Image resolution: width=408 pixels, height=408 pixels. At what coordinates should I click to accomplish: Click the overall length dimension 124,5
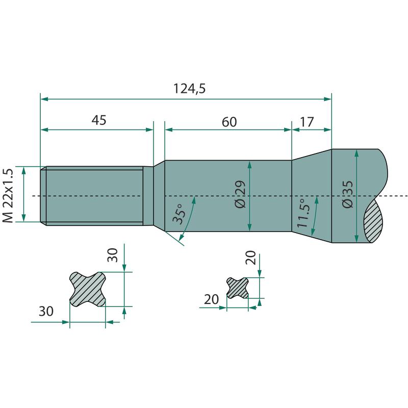pos(189,88)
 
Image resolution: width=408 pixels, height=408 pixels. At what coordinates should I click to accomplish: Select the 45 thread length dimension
pos(99,120)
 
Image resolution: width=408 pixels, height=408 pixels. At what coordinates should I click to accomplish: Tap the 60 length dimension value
pos(229,122)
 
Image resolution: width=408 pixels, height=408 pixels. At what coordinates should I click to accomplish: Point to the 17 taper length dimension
pos(307,122)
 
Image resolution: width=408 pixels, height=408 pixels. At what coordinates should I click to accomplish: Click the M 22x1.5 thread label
pos(8,196)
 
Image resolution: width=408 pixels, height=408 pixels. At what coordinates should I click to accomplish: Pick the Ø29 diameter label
pos(240,194)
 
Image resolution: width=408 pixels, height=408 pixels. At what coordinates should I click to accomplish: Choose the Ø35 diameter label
pos(348,194)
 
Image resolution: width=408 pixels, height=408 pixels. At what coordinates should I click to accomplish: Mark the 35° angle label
pos(179,214)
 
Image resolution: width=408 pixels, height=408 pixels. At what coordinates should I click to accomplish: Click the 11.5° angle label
pos(303,213)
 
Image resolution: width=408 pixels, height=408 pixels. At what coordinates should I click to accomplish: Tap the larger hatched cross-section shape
pos(87,289)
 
